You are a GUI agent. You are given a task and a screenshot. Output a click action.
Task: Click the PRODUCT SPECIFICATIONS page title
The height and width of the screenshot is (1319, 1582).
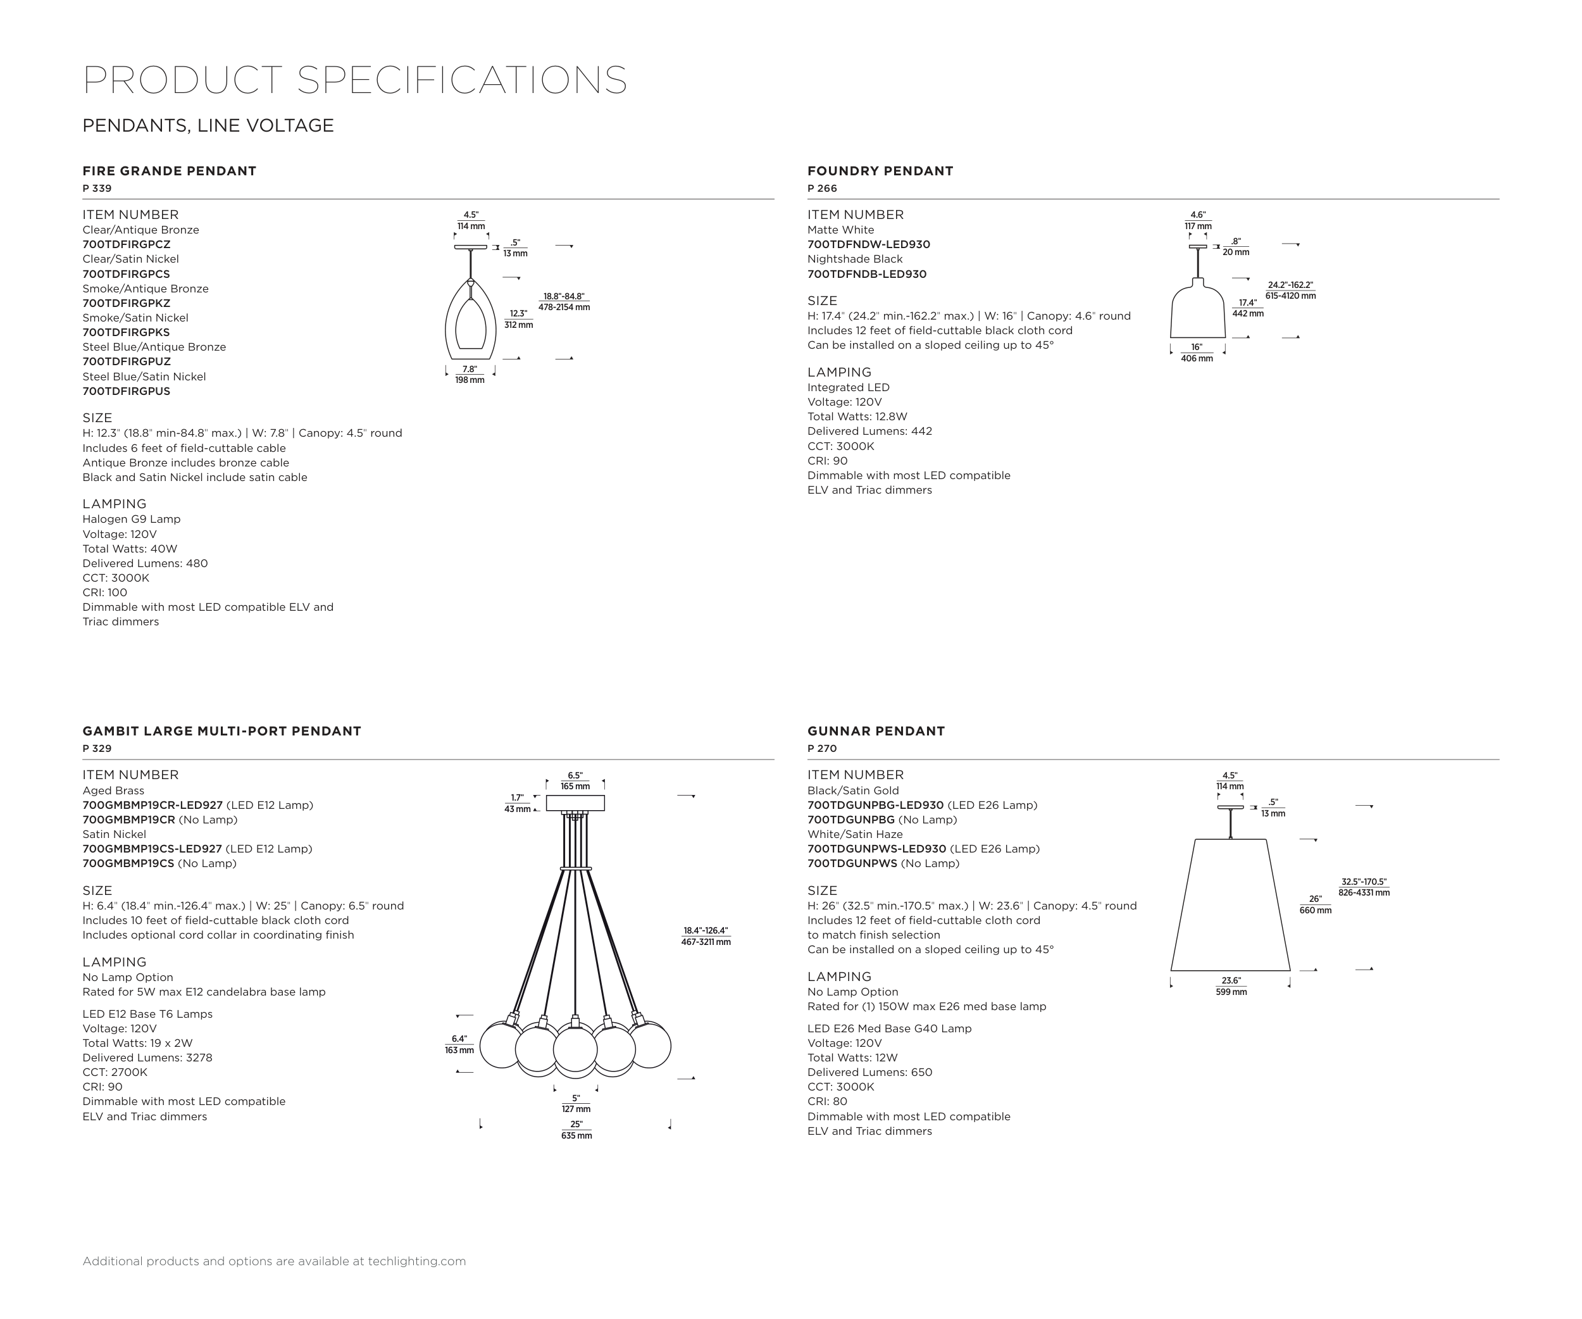(x=354, y=80)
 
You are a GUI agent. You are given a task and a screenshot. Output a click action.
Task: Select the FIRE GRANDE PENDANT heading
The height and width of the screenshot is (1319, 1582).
(x=170, y=171)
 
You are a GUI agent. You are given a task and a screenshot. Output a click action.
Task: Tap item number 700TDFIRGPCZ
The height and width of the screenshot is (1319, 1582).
(x=127, y=245)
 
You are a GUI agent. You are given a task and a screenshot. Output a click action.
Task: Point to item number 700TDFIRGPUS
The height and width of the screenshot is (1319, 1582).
(x=127, y=392)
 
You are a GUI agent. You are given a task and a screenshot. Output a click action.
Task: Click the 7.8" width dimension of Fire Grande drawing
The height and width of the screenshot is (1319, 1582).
(x=470, y=373)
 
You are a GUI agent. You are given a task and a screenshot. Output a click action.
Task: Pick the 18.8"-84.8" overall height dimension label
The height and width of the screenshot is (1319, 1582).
(x=564, y=301)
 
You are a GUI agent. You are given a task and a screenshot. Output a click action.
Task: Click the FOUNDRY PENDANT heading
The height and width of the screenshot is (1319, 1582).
(x=880, y=171)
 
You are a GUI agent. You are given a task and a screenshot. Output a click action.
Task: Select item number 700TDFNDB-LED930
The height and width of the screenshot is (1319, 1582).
(x=867, y=274)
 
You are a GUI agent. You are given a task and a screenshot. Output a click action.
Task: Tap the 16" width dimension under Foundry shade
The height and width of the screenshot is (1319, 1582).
(x=1196, y=352)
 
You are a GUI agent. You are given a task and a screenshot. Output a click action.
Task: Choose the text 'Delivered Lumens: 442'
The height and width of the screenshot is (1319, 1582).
(x=869, y=432)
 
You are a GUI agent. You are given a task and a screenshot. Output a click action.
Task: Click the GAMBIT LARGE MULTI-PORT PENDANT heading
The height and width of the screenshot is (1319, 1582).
(x=221, y=730)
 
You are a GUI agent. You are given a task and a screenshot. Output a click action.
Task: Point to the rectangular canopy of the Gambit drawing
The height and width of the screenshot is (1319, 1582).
(x=575, y=803)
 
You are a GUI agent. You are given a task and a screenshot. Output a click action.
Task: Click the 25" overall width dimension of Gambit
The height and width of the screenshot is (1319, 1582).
(x=576, y=1129)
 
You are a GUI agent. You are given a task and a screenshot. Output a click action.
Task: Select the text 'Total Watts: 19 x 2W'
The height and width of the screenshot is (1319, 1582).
(x=137, y=1043)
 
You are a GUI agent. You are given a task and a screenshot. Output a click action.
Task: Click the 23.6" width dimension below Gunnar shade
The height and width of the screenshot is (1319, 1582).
(x=1231, y=985)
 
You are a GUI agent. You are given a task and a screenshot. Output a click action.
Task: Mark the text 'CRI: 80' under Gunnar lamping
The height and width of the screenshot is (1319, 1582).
(x=827, y=1101)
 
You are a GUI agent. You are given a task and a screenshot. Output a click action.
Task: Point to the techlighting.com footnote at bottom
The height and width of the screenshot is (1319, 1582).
(x=274, y=1261)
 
